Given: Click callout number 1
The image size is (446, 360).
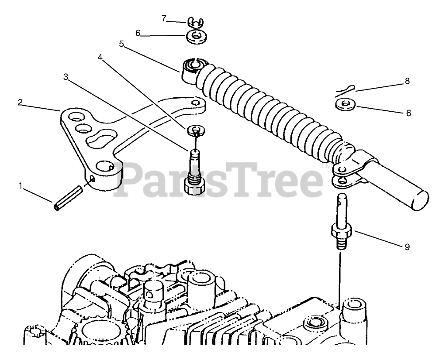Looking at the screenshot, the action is pyautogui.click(x=20, y=186).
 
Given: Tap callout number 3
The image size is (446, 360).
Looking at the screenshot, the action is pyautogui.click(x=66, y=77).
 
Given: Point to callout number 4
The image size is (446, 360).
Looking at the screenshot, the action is pyautogui.click(x=100, y=58).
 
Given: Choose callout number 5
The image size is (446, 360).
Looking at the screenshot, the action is pyautogui.click(x=121, y=45).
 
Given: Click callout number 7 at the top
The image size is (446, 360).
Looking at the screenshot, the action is pyautogui.click(x=163, y=19).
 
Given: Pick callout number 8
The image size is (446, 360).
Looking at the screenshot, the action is pyautogui.click(x=407, y=81).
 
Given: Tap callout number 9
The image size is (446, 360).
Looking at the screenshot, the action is pyautogui.click(x=407, y=247).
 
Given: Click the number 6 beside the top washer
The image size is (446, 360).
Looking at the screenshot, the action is pyautogui.click(x=138, y=34).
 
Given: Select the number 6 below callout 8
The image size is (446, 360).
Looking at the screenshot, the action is pyautogui.click(x=408, y=113).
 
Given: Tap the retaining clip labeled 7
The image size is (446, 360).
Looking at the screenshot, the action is pyautogui.click(x=196, y=22).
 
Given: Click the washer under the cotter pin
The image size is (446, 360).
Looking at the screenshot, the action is pyautogui.click(x=345, y=105).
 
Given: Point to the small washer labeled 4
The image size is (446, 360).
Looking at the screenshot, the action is pyautogui.click(x=196, y=130).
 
